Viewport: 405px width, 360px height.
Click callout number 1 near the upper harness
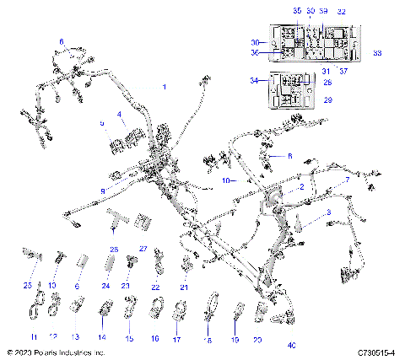(x=164, y=87)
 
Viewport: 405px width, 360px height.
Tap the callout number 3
(x=327, y=214)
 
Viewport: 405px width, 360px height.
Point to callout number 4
(x=120, y=114)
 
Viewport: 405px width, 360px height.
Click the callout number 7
(x=346, y=180)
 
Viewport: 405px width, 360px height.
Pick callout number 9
(x=103, y=193)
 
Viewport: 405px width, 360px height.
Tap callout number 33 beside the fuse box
(x=376, y=53)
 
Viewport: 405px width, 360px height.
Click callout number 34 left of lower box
(x=254, y=81)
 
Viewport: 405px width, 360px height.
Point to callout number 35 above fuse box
(x=296, y=10)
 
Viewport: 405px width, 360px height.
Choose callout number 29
(x=328, y=99)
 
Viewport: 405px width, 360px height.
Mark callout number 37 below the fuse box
(x=343, y=71)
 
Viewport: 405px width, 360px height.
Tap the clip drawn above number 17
(x=179, y=319)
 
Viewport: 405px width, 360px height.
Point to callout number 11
(x=35, y=336)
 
